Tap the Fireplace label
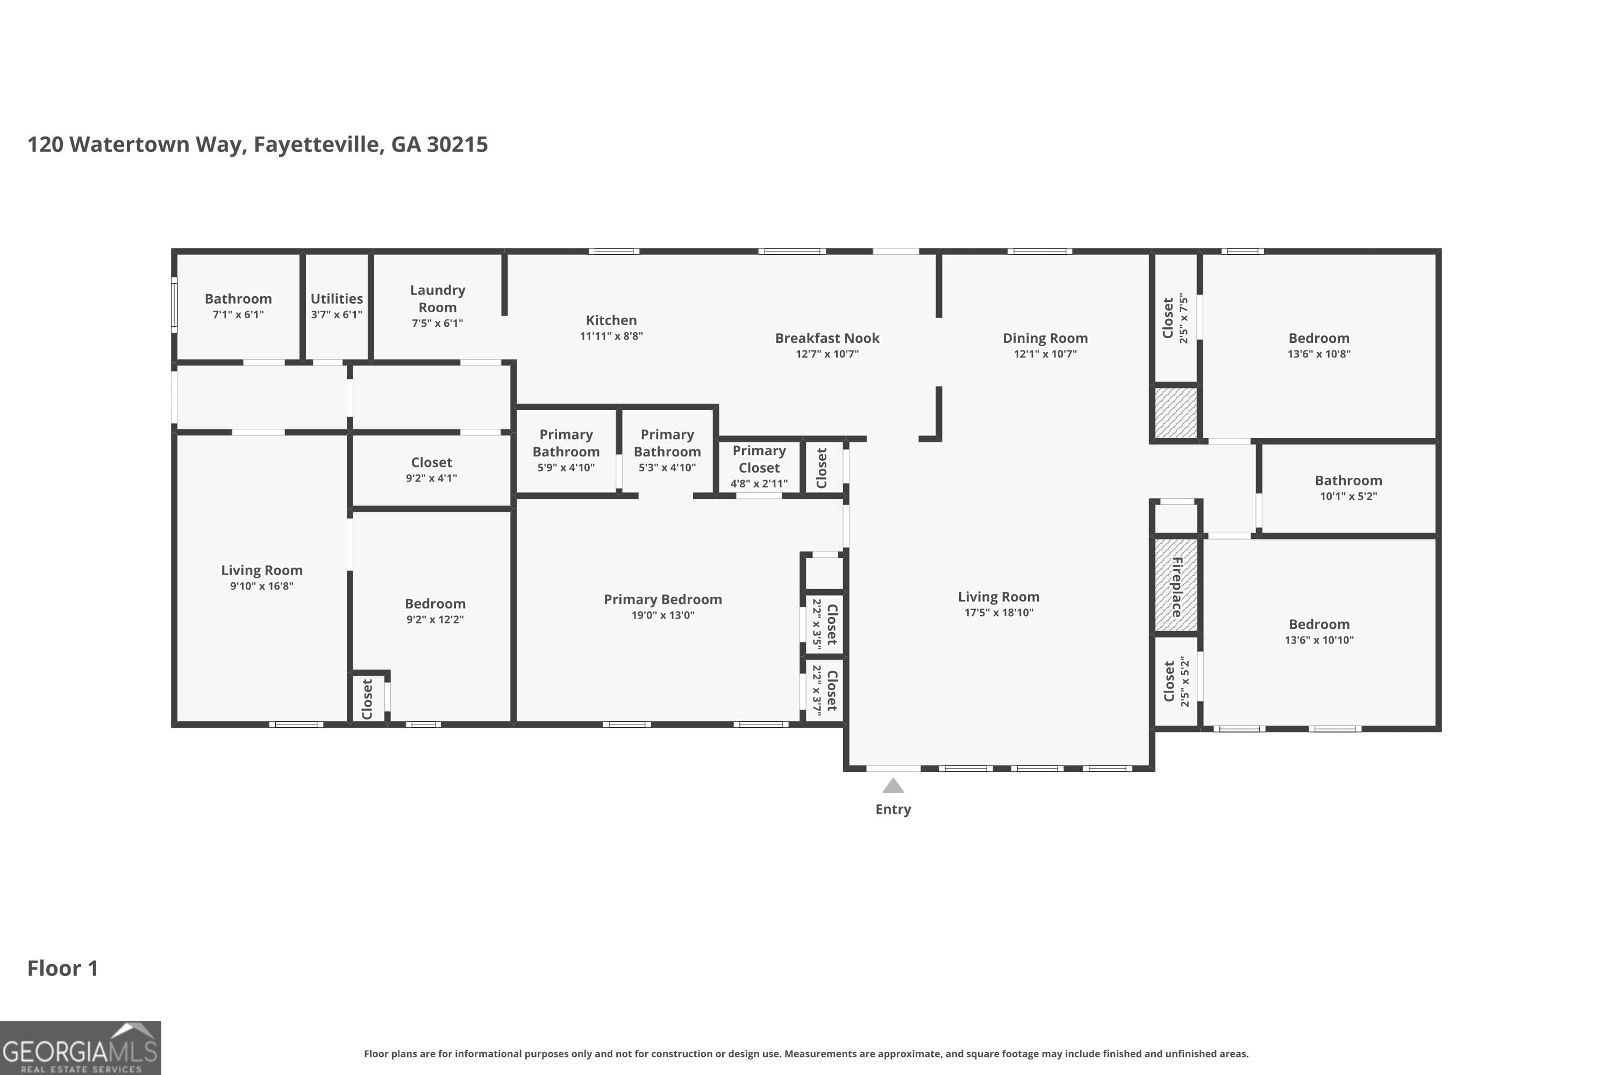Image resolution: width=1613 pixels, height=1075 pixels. pyautogui.click(x=1177, y=586)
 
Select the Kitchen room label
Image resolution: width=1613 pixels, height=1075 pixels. pyautogui.click(x=611, y=320)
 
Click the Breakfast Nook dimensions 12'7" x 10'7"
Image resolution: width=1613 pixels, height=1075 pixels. pyautogui.click(x=827, y=354)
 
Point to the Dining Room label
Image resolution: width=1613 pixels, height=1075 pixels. pyautogui.click(x=1045, y=338)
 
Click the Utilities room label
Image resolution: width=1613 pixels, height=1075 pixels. pyautogui.click(x=337, y=299)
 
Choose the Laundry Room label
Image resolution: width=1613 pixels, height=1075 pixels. pyautogui.click(x=438, y=299)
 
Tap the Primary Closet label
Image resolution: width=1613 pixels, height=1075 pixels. pyautogui.click(x=759, y=460)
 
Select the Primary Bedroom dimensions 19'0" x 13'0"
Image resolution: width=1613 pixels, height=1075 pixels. pyautogui.click(x=662, y=615)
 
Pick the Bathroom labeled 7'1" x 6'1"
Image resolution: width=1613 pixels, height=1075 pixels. pyautogui.click(x=238, y=299)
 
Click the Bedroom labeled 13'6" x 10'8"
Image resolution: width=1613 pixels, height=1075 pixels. pyautogui.click(x=1318, y=338)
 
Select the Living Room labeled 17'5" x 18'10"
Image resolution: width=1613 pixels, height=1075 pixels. pyautogui.click(x=998, y=597)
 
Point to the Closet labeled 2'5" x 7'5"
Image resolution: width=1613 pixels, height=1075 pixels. pyautogui.click(x=1168, y=318)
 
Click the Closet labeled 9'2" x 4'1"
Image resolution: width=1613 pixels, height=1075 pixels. pyautogui.click(x=431, y=463)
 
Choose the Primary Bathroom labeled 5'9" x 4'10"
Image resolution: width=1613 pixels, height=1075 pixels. pyautogui.click(x=566, y=443)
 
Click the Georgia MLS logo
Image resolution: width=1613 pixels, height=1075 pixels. pyautogui.click(x=80, y=1048)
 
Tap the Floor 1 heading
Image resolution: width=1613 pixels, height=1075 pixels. pyautogui.click(x=62, y=968)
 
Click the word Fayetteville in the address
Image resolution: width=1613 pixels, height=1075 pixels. pyautogui.click(x=317, y=145)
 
